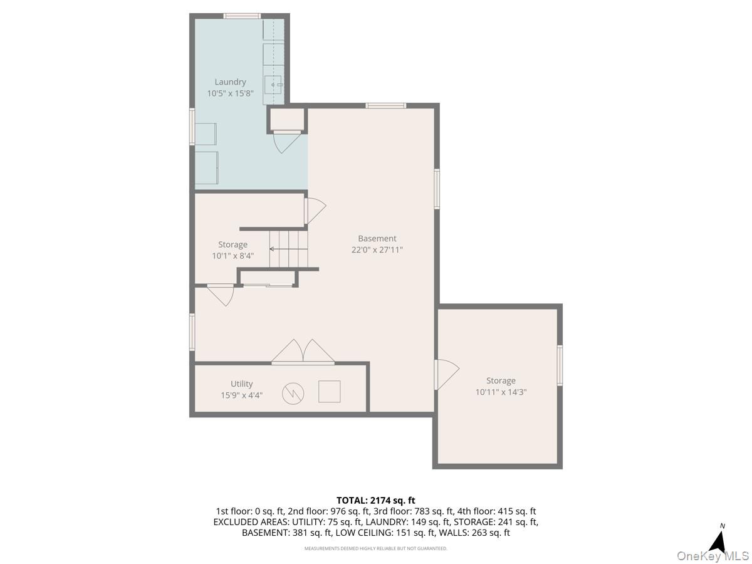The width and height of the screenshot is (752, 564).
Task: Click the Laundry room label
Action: [230, 82]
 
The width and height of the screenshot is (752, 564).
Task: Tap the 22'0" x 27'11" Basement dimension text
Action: [377, 249]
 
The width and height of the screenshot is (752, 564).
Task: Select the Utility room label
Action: [241, 384]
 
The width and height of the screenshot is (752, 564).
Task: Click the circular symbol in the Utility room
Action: [292, 392]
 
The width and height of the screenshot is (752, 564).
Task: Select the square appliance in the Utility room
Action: [329, 391]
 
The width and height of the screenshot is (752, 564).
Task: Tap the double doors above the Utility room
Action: [303, 352]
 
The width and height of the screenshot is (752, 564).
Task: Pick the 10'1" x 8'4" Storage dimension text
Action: [232, 256]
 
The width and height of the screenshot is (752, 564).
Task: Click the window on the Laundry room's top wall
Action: [242, 16]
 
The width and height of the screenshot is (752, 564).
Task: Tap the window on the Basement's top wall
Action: [385, 105]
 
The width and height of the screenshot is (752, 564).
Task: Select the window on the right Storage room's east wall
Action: [560, 365]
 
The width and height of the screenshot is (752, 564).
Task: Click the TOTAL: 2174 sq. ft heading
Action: [376, 500]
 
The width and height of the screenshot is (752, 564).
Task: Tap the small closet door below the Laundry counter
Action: [286, 140]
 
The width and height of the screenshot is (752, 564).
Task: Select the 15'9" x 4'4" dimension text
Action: [241, 395]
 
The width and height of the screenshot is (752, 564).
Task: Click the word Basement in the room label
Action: [377, 238]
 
